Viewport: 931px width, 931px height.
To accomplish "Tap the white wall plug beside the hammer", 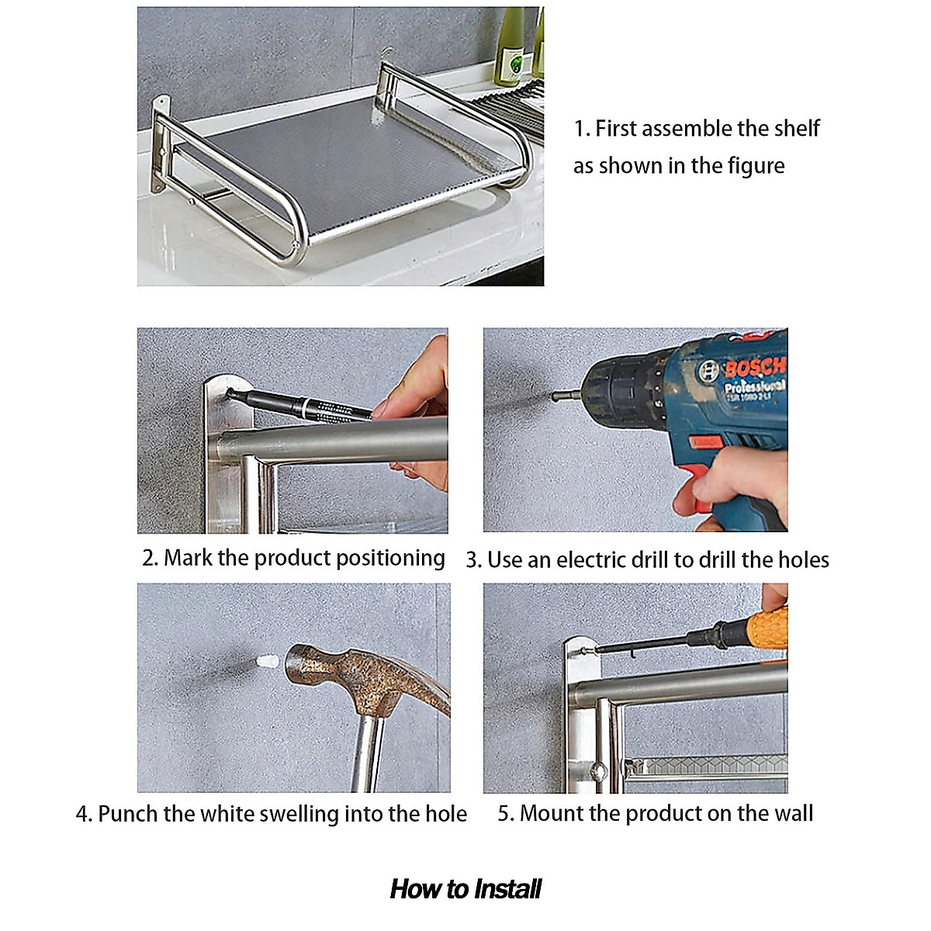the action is click(x=267, y=662).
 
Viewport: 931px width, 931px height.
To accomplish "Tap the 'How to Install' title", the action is click(x=465, y=889).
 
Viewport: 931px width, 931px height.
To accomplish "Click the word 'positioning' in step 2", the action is click(x=390, y=559).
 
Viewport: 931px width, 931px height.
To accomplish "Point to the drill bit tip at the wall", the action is click(x=554, y=396).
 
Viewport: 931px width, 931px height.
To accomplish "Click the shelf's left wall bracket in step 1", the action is click(x=161, y=145).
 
